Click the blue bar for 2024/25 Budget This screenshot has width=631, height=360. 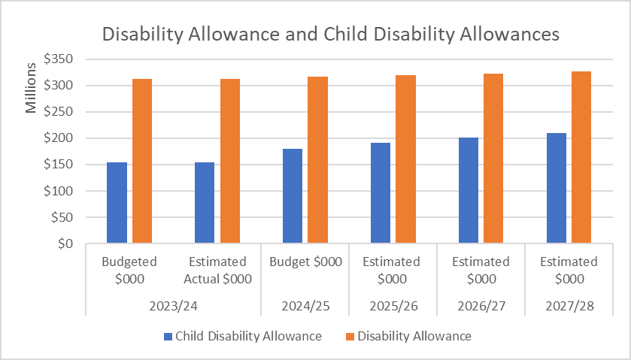pos(293,196)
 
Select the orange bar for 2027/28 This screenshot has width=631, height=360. pos(581,158)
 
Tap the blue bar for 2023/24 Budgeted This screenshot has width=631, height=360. pos(117,203)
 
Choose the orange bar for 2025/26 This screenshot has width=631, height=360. pos(405,159)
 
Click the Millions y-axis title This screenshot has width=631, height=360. pos(32,89)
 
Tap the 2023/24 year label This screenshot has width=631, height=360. pos(173,307)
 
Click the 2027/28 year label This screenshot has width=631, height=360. pos(568,307)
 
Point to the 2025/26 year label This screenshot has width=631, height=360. pos(392,307)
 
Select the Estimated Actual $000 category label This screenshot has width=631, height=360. pos(217,270)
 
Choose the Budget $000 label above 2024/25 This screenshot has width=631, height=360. pos(305,262)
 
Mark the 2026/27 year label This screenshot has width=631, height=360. pos(480,307)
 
